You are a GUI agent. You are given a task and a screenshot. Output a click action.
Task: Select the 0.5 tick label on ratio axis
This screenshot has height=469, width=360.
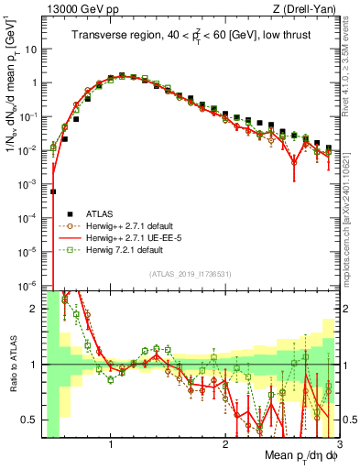[x=28, y=420]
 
